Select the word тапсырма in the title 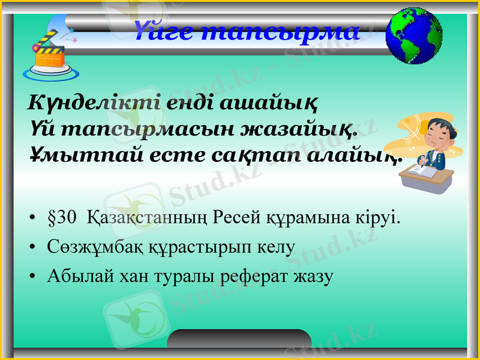pos(279,32)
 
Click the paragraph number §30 pos(62,217)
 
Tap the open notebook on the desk pos(422,171)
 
